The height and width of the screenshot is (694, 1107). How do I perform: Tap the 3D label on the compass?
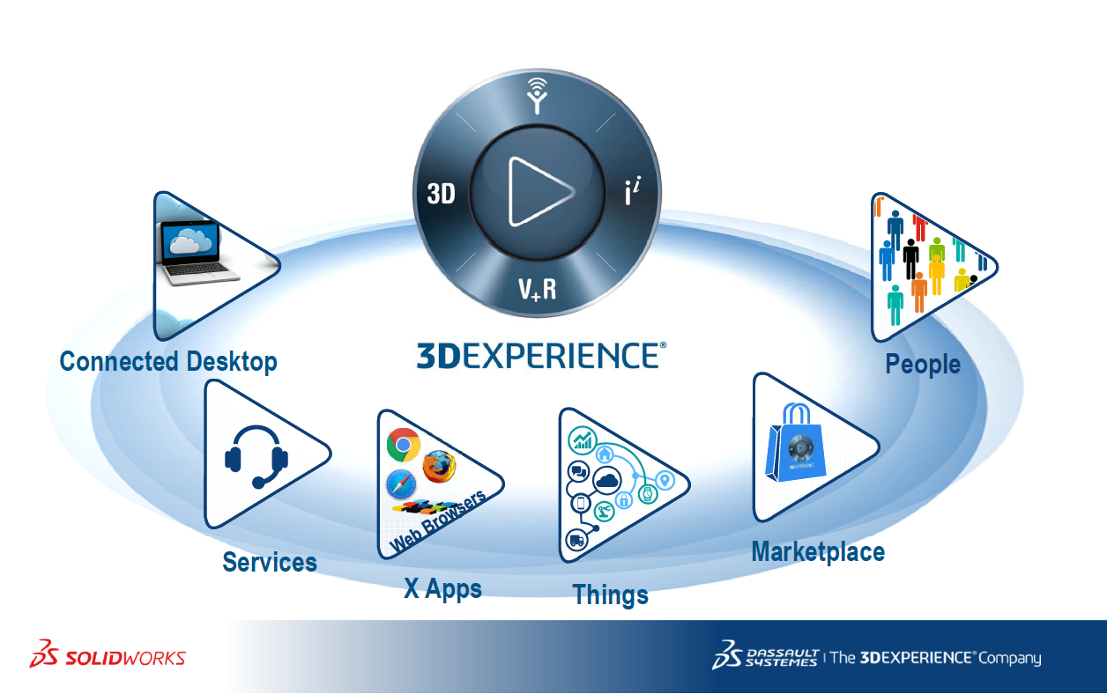click(441, 193)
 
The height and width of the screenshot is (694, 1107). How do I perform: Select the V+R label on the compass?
click(537, 289)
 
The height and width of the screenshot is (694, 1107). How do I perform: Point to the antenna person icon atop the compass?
click(536, 94)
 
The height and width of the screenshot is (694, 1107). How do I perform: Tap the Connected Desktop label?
click(168, 361)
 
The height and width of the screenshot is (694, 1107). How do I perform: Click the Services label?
click(269, 562)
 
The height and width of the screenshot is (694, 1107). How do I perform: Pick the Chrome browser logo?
click(403, 446)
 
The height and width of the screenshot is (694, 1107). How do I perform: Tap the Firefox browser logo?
click(440, 466)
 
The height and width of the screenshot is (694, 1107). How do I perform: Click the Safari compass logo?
click(401, 484)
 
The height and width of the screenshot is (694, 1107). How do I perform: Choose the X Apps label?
click(442, 588)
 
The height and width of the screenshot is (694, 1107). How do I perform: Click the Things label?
click(610, 594)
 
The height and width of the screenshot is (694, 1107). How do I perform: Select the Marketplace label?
click(818, 552)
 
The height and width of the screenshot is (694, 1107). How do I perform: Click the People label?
click(922, 364)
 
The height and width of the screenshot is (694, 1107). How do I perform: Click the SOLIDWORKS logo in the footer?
click(108, 656)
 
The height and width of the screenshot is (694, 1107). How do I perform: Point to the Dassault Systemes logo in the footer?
click(766, 656)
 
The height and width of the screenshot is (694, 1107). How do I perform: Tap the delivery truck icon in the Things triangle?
click(576, 540)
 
